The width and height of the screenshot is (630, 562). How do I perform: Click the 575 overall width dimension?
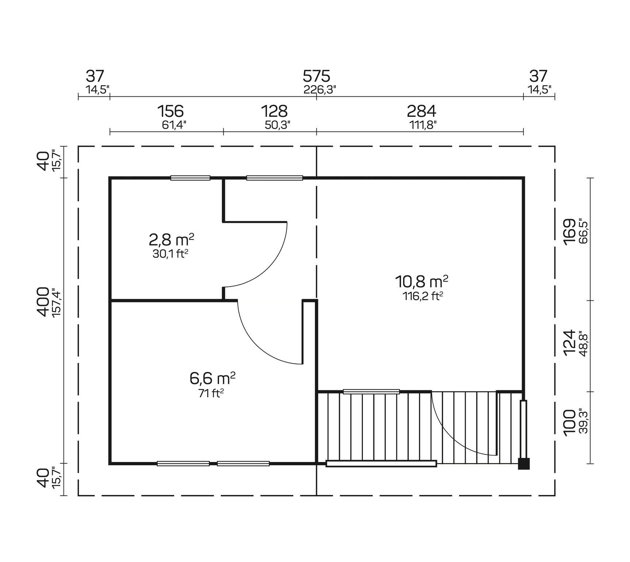pos(316,77)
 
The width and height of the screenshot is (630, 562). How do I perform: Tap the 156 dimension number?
pos(170,111)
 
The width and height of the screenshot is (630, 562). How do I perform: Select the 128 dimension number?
pos(274,111)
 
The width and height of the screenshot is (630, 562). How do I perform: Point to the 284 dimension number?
pos(421,111)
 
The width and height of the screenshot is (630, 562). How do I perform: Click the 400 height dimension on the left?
pos(43,302)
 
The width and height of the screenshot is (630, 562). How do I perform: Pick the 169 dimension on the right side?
pos(569,232)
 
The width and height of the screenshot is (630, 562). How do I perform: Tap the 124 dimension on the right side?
pos(569,343)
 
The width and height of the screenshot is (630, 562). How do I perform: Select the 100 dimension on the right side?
pos(569,423)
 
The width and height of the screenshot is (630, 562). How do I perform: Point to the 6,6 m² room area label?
pos(212,379)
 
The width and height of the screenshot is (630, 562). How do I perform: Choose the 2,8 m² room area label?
pos(171,240)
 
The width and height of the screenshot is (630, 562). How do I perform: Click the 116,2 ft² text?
pos(423,296)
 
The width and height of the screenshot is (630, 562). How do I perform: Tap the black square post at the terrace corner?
pos(524,463)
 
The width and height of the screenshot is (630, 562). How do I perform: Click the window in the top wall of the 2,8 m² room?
pos(190,178)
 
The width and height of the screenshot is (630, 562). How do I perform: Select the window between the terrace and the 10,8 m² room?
pos(371,392)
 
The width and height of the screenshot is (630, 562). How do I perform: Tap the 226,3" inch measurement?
pos(319,90)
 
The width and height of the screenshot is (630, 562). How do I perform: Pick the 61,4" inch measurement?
pos(174,125)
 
